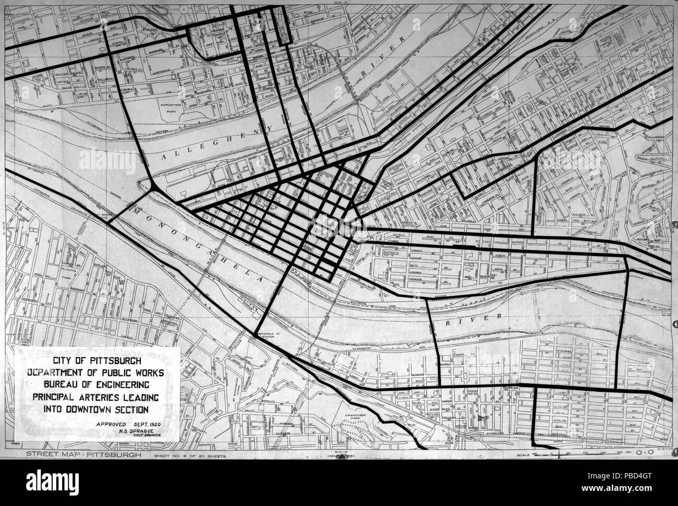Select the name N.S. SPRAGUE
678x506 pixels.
(x=134, y=430)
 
